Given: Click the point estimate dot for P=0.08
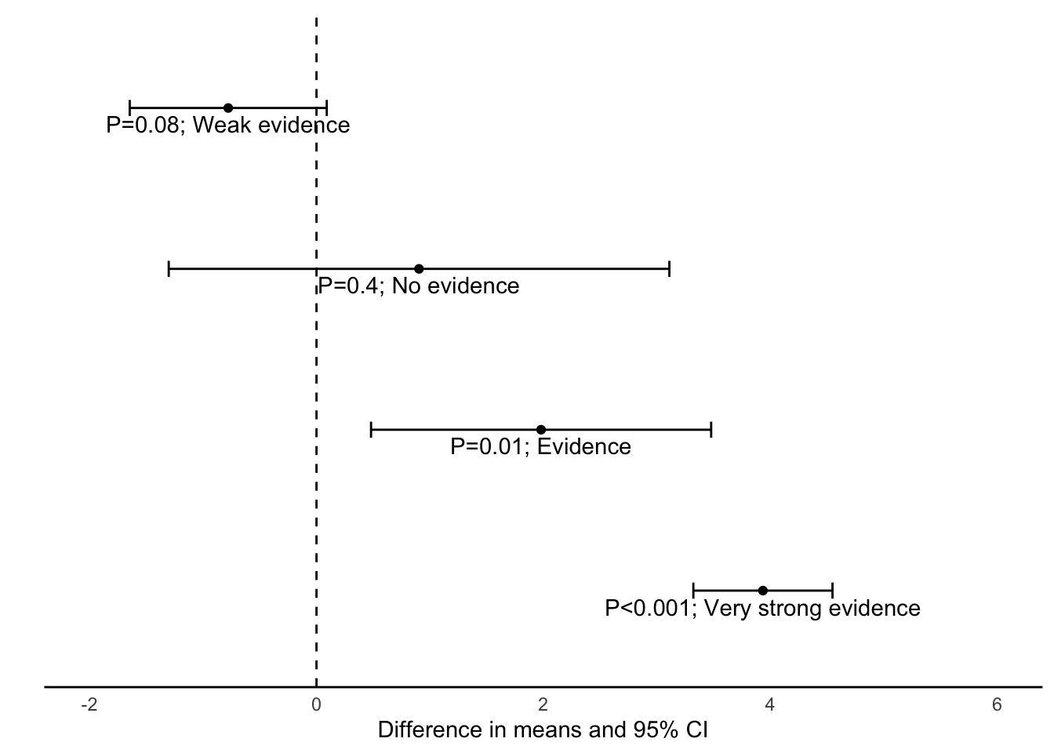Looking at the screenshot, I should [228, 108].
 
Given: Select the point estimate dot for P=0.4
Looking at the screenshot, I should [419, 269].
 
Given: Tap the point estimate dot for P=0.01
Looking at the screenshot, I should [541, 430].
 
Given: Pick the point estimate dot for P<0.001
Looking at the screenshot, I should [763, 591].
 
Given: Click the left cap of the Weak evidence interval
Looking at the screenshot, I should [130, 108].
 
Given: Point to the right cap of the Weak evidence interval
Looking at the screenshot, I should [326, 108].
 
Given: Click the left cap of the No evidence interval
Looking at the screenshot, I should [169, 269].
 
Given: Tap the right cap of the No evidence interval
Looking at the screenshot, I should [669, 269].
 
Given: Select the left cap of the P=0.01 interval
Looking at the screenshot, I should [370, 430].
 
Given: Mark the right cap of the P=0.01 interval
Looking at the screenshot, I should [711, 430].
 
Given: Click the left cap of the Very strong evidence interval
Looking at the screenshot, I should [694, 591].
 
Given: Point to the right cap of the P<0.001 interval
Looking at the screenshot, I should [832, 591].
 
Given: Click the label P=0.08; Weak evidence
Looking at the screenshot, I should [228, 125].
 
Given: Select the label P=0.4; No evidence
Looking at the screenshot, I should [419, 286].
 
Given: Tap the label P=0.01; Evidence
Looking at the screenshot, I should [541, 447].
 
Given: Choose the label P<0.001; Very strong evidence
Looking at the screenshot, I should [763, 609].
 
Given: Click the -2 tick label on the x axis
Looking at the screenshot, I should [89, 705].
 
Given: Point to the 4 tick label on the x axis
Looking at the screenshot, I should [770, 705].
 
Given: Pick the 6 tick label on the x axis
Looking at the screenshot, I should [997, 705].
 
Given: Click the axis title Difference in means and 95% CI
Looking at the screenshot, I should [543, 730].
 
